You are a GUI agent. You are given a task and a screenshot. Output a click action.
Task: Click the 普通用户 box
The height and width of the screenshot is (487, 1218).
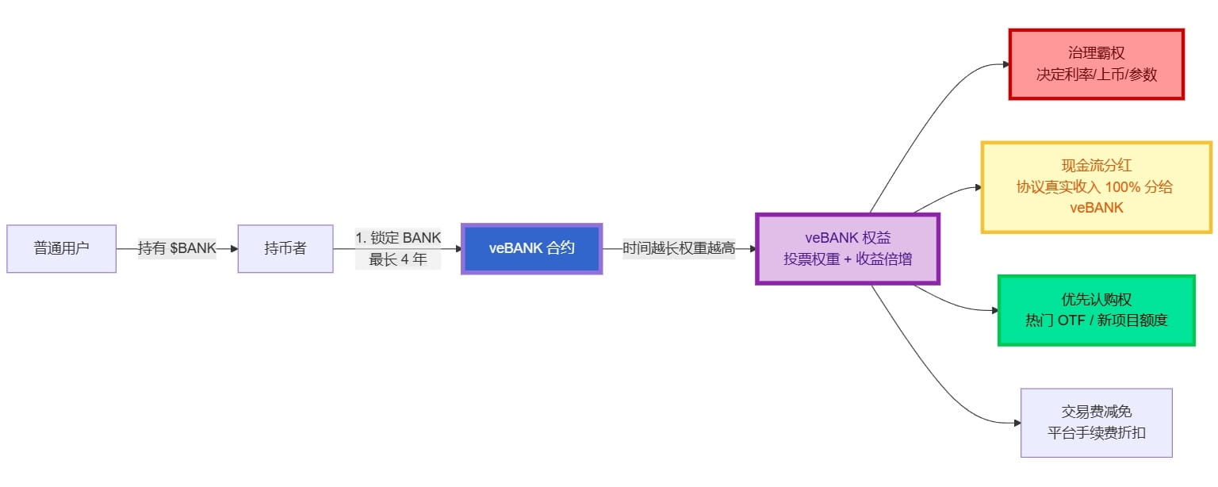[x=62, y=248]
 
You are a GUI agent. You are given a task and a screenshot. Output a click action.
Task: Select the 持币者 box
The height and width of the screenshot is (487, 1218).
[x=285, y=248]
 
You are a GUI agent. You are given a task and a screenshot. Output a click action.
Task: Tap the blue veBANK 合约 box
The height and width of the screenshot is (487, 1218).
[x=531, y=248]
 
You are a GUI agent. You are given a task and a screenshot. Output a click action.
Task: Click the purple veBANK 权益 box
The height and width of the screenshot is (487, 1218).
[x=847, y=248]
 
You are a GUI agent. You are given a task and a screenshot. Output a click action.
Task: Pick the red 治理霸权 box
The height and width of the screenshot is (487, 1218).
[x=1096, y=64]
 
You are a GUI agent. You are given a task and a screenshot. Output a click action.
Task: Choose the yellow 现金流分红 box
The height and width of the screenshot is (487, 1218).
[x=1096, y=186]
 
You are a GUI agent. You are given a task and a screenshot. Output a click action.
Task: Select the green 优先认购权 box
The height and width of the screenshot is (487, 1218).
[x=1096, y=310]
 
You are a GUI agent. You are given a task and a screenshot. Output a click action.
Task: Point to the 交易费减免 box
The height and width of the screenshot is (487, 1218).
[x=1096, y=423]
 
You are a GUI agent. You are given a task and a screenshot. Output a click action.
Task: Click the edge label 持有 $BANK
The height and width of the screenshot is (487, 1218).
[x=177, y=248]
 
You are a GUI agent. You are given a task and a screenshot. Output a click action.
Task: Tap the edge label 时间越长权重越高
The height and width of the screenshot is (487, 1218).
[x=679, y=248]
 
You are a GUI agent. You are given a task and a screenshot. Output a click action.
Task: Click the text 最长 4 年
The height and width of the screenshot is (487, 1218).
[x=398, y=259]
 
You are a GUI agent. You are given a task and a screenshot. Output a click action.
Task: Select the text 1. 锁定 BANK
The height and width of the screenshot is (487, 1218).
[x=398, y=237]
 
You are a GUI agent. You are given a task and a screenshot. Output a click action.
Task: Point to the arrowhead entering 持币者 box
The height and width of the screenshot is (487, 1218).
[x=233, y=248]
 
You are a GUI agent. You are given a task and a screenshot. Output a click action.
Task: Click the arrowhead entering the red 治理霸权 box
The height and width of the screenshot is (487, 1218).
[x=1003, y=64]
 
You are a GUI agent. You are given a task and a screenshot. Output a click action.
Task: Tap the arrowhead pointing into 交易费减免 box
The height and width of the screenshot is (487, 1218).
[x=1016, y=423]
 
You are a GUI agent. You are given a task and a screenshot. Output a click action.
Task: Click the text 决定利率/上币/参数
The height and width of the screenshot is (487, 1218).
[x=1096, y=75]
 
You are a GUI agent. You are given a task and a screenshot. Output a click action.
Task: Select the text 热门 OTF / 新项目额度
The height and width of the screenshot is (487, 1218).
[x=1096, y=320]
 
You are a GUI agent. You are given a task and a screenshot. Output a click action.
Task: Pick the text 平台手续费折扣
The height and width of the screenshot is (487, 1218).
[x=1096, y=433]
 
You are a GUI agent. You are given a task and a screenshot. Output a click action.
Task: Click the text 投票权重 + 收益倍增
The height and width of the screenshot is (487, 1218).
[x=847, y=259]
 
